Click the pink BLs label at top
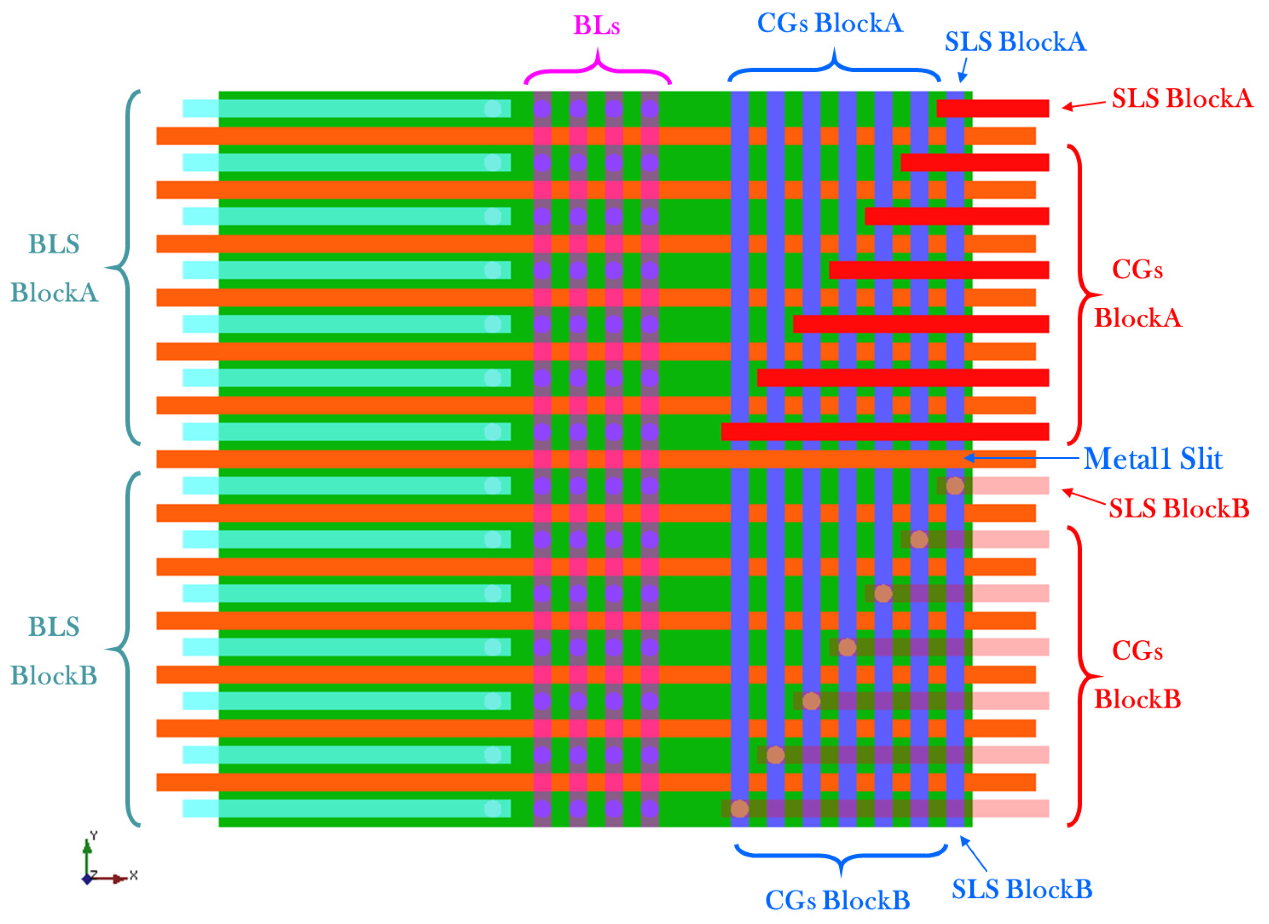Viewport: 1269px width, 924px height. pos(597,25)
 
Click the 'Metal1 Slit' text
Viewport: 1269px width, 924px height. pos(1152,459)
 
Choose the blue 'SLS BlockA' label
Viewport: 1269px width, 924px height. pos(1015,42)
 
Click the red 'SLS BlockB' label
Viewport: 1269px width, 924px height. pos(1179,509)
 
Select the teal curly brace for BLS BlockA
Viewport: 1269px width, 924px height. pos(124,267)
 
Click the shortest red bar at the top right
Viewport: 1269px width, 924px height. pos(992,109)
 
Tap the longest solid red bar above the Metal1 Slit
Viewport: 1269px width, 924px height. pos(884,431)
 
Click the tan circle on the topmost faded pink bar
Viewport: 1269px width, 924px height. pos(954,485)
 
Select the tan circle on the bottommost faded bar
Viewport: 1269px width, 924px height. pos(739,809)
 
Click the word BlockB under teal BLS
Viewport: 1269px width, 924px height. pos(54,676)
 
